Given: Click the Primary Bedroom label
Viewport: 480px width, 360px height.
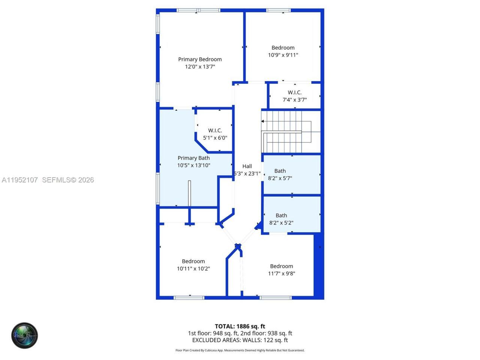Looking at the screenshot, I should click(200, 59).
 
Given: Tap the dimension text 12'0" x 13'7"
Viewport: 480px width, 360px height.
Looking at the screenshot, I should click(200, 67).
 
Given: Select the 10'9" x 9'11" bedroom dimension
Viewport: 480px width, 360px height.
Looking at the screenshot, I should click(283, 55).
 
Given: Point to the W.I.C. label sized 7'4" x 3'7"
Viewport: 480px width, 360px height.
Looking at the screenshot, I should click(295, 93).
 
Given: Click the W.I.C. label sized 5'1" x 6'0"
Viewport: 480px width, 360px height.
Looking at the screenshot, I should click(215, 130).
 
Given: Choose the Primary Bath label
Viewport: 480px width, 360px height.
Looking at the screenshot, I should click(193, 158).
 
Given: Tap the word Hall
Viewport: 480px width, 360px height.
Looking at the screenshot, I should click(247, 166).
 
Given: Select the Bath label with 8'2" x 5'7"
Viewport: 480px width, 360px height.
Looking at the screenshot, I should click(280, 171).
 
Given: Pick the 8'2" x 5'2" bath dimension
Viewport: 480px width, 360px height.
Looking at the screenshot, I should click(281, 223).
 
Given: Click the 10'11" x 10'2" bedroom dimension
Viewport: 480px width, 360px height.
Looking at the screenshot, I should click(193, 268).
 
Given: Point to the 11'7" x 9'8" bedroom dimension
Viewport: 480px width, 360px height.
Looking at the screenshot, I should click(282, 273).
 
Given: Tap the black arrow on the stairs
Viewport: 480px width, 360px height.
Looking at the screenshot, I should click(263, 121).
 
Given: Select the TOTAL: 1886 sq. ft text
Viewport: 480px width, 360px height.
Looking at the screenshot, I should click(240, 326).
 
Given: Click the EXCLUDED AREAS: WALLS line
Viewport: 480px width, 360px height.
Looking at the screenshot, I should click(240, 340).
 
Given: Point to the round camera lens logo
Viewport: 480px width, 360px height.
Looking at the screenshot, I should click(24, 335).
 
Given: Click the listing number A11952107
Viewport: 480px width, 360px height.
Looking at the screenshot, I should click(20, 180).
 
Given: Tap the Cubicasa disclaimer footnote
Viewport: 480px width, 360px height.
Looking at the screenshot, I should click(240, 350).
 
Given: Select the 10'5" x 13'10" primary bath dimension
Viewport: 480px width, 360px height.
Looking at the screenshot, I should click(193, 165).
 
